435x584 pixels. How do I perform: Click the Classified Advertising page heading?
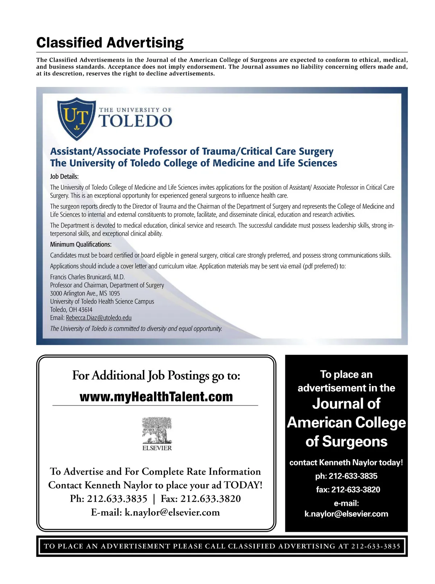tap(110, 43)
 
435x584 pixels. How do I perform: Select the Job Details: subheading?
tap(64, 177)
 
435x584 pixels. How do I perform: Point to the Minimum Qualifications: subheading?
tap(80, 244)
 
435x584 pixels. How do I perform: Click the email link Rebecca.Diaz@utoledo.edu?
tap(99, 318)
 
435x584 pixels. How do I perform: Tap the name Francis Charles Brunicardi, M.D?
tap(87, 277)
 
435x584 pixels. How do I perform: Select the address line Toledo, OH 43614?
tap(71, 310)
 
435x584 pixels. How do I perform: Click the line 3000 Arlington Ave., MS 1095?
tap(85, 293)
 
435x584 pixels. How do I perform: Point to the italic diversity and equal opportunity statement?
tap(136, 329)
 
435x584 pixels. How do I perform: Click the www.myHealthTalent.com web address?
tap(156, 397)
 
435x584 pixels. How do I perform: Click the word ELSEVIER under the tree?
tap(157, 448)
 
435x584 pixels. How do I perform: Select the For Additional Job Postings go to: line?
tap(156, 375)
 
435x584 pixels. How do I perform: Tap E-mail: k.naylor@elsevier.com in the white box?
tap(155, 513)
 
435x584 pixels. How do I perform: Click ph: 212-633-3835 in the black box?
tap(346, 476)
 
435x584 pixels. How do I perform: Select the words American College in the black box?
tap(346, 423)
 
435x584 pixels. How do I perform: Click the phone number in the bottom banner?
tap(376, 546)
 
